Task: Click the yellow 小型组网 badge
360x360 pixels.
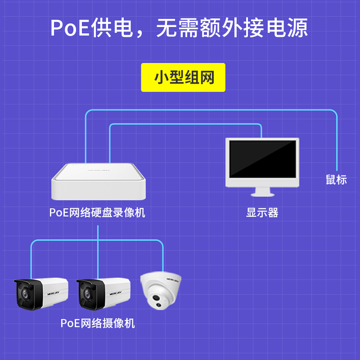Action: point(183,77)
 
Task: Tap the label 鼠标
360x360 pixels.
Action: point(336,180)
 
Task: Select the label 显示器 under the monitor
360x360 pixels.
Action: point(262,212)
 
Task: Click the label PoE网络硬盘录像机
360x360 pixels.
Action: point(97,212)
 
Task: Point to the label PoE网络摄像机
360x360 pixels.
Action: point(98,323)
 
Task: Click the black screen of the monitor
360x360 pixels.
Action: point(263,159)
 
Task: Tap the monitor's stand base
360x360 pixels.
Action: point(262,195)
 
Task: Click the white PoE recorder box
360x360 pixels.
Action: point(99,181)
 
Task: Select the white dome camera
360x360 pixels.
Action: point(161,290)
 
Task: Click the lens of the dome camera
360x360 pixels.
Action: point(156,298)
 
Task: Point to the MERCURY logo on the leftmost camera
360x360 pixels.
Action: point(54,293)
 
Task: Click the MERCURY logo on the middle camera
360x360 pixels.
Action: point(116,293)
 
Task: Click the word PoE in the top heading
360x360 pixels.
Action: point(70,28)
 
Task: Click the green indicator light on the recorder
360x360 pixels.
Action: point(73,165)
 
